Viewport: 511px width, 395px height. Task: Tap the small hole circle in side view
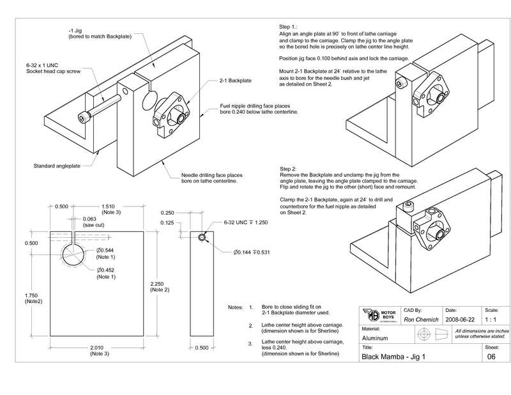coord(202,237)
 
